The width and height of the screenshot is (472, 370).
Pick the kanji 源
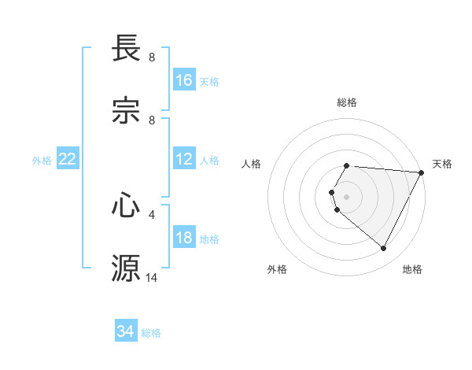(126, 268)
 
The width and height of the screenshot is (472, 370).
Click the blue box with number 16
(184, 80)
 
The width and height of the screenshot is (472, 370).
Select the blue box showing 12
(184, 159)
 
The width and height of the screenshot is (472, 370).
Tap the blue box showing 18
(184, 238)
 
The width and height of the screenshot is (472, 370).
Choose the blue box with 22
(68, 159)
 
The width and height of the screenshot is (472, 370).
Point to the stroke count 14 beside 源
(152, 277)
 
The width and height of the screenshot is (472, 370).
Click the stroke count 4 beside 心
(152, 213)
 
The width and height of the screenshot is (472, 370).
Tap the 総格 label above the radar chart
(347, 102)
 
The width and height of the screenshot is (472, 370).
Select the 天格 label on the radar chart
(442, 164)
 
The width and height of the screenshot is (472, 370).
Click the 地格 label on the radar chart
(412, 269)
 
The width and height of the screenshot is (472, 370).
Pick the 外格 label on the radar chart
(277, 269)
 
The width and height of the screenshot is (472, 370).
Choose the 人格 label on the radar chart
(252, 164)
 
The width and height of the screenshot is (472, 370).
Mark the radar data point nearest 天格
(422, 172)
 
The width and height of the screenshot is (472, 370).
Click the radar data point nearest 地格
(384, 249)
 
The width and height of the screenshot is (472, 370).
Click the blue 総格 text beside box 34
(151, 333)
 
